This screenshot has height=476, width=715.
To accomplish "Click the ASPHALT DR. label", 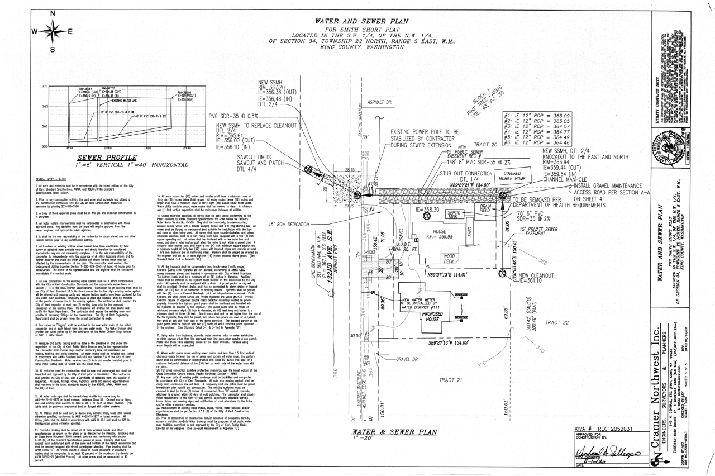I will pyautogui.click(x=380, y=103).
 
